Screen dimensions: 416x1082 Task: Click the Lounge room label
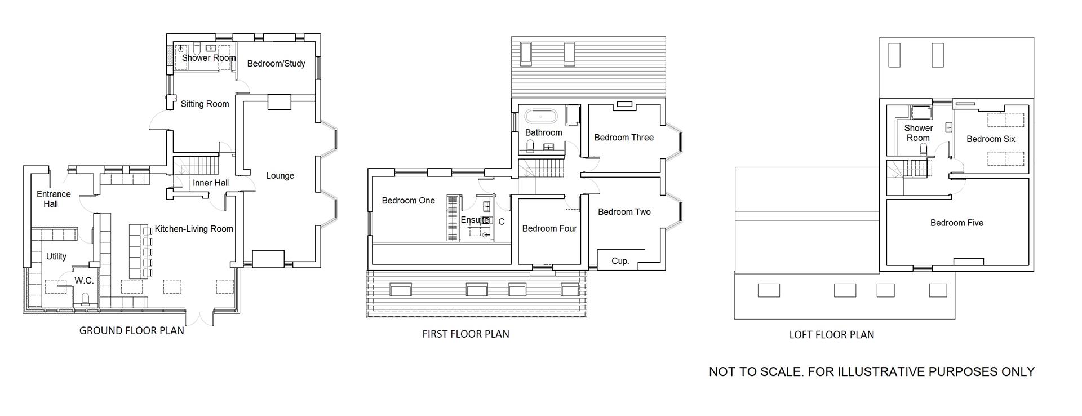click(280, 176)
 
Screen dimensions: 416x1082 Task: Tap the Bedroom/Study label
click(276, 64)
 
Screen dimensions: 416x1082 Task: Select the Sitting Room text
click(205, 104)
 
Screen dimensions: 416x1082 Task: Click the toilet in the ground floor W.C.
click(86, 299)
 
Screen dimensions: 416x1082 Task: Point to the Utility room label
click(56, 256)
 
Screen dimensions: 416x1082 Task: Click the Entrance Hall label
click(54, 199)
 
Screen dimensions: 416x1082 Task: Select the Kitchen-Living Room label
click(194, 229)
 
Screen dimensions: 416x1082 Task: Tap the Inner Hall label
click(210, 183)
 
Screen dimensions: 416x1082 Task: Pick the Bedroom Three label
click(624, 138)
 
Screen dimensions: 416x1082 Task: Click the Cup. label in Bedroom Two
click(620, 261)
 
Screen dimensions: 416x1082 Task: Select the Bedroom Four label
click(549, 229)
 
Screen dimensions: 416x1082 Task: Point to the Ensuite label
click(475, 220)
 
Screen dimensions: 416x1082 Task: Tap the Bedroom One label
click(408, 201)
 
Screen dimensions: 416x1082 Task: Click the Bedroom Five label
click(956, 223)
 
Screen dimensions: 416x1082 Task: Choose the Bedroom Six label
click(990, 139)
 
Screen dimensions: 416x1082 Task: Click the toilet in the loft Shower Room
click(924, 149)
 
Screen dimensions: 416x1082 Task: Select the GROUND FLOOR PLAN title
click(131, 331)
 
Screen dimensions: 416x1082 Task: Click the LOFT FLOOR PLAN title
click(831, 335)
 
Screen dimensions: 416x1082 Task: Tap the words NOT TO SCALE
click(755, 372)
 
